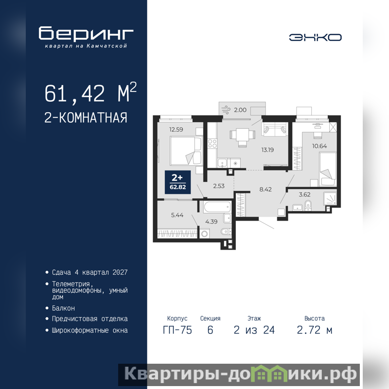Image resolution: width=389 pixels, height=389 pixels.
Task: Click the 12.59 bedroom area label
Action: click(x=176, y=129)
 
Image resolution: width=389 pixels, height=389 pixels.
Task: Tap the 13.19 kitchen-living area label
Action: click(x=268, y=150)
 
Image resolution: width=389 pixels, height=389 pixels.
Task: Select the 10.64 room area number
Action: click(x=319, y=146)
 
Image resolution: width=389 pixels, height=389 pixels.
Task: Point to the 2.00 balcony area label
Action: click(x=240, y=110)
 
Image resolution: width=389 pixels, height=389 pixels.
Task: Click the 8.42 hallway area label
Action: click(x=265, y=189)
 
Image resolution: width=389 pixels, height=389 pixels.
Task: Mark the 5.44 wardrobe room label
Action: click(x=177, y=215)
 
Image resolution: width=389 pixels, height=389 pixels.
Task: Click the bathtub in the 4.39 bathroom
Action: click(x=217, y=207)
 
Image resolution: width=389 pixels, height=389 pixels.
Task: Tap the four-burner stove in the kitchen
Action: click(x=212, y=143)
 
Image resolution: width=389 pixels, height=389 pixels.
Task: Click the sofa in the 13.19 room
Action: click(x=274, y=129)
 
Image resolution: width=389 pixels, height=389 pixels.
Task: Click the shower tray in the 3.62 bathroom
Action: click(x=330, y=198)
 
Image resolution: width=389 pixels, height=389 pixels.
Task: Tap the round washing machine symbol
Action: click(x=204, y=234)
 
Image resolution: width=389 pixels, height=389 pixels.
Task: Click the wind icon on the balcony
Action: click(x=226, y=110)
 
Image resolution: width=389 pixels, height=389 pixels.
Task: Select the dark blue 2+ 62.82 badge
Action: click(x=178, y=182)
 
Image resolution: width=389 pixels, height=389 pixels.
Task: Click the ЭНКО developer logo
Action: click(x=315, y=37)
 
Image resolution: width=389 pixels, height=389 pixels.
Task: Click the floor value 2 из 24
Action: click(x=254, y=330)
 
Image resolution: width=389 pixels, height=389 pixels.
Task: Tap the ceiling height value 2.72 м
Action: click(x=315, y=330)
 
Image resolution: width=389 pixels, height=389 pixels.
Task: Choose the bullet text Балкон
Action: click(x=63, y=308)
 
